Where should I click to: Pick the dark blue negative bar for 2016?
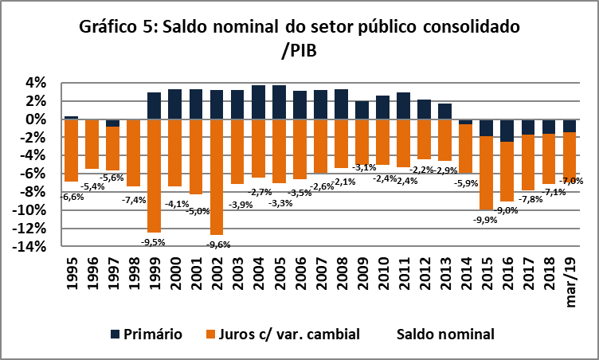tap(507, 131)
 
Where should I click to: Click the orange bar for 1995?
tap(71, 151)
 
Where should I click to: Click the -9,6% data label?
tap(217, 245)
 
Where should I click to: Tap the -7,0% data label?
tap(570, 181)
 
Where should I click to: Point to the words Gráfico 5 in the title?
tap(117, 26)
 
